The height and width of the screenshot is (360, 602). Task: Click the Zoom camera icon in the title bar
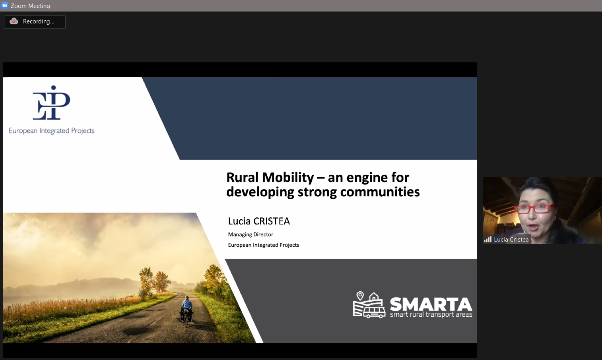(4, 6)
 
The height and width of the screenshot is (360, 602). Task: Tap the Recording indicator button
(35, 22)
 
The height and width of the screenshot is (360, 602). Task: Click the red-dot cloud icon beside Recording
(14, 21)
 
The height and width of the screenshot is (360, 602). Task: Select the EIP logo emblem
(51, 103)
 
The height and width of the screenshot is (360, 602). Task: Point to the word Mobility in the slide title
(288, 178)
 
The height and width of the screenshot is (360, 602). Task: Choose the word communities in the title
(380, 192)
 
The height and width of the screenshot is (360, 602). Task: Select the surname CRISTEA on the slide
(272, 221)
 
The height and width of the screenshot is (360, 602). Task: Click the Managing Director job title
(251, 234)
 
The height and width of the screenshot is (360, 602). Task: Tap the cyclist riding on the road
(186, 311)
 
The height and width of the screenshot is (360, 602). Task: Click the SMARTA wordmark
(431, 304)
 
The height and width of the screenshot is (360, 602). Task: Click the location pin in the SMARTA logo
(360, 296)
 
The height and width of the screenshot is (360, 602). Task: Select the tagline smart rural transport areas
(431, 315)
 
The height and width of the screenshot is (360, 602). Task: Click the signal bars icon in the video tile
(488, 239)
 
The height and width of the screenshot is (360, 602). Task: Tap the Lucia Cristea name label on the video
(511, 239)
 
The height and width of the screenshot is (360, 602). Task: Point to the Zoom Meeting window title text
(30, 6)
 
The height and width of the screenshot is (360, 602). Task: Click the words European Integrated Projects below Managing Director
(263, 245)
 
